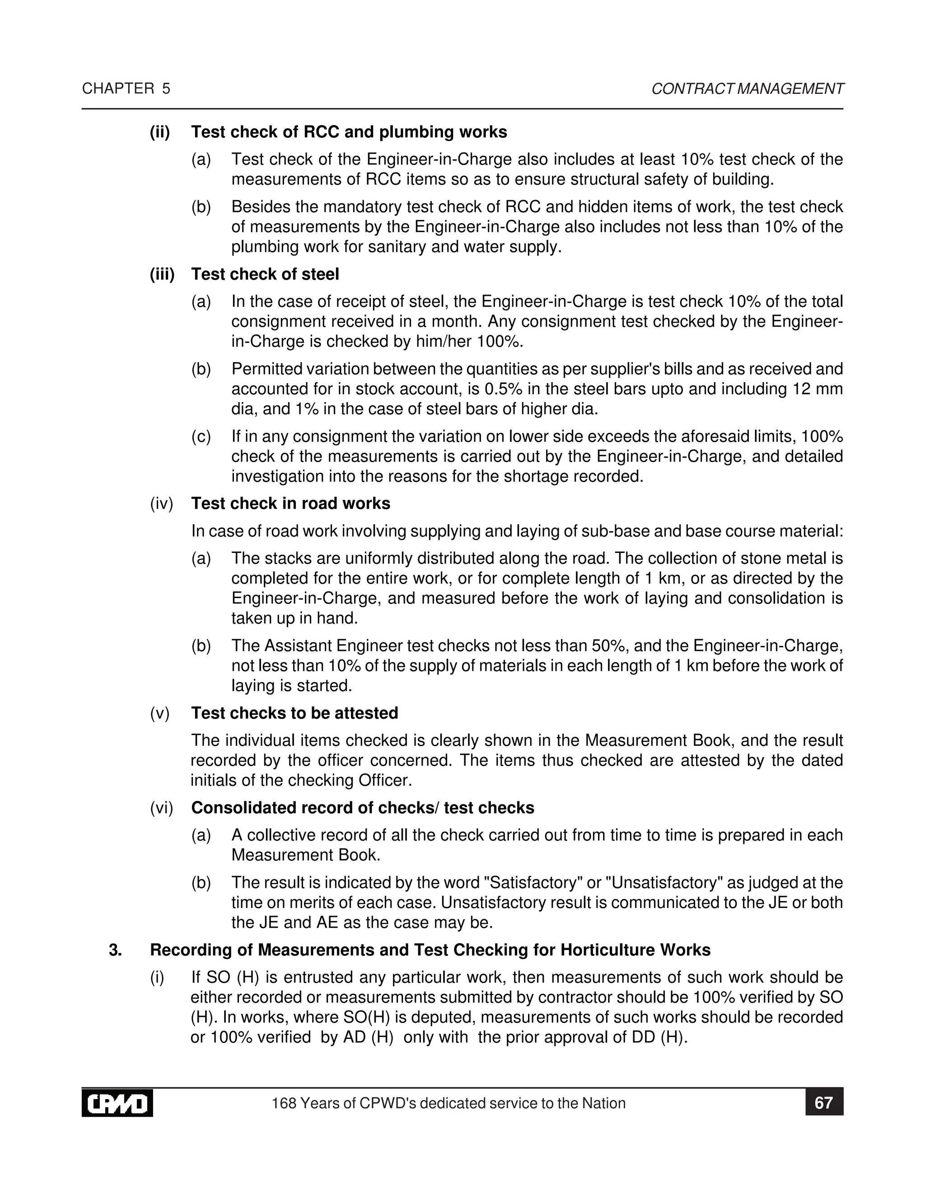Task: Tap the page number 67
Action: [824, 1103]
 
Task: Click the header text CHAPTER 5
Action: [126, 89]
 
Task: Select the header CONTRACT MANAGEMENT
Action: [747, 89]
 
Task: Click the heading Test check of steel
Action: [265, 274]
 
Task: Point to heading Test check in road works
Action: [290, 503]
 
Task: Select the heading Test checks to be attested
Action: [294, 713]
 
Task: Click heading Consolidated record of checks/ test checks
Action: [362, 808]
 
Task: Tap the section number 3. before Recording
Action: [115, 950]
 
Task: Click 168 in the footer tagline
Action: [283, 1103]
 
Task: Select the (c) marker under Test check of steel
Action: [201, 437]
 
